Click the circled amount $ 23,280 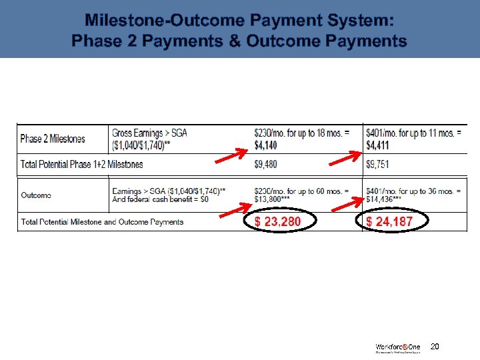[x=278, y=221]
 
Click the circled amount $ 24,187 [x=389, y=221]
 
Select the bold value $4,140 [x=265, y=145]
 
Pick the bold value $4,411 [x=377, y=145]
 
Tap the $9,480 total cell [x=265, y=164]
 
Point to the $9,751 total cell [x=377, y=164]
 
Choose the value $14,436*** [x=383, y=199]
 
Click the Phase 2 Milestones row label [x=53, y=139]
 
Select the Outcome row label [x=36, y=195]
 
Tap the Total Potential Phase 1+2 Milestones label [x=82, y=164]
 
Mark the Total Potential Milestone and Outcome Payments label [x=102, y=221]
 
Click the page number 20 [x=435, y=347]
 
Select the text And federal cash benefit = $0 [x=160, y=199]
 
